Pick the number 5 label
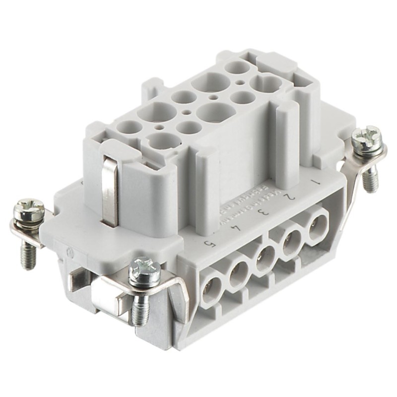pos(209,242)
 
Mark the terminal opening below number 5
pos(210,287)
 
